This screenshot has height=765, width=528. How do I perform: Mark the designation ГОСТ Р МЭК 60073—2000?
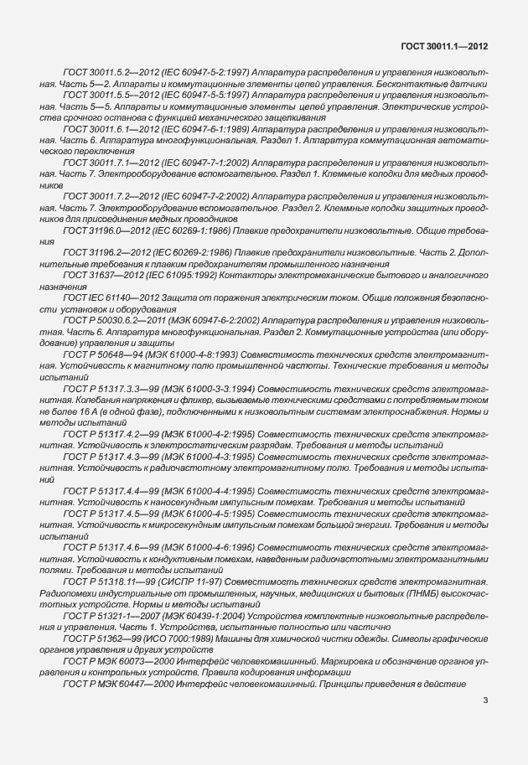pos(109,661)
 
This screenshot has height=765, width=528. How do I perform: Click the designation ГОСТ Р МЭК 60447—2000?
pos(109,684)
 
